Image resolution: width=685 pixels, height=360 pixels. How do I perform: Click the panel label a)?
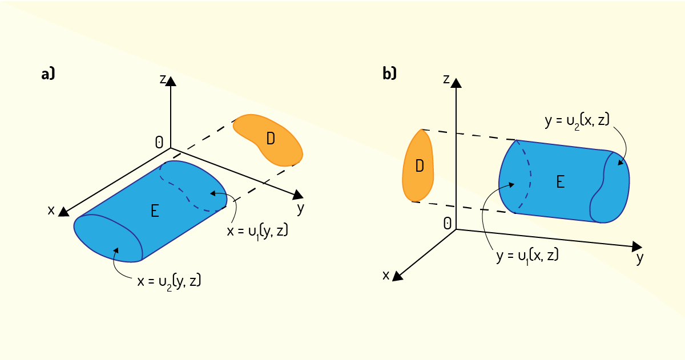(x=48, y=74)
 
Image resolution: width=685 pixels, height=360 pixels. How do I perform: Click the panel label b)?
(x=389, y=74)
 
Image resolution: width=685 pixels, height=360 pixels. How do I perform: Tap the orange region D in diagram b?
(x=418, y=165)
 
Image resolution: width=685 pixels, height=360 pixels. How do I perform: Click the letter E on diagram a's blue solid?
(x=155, y=211)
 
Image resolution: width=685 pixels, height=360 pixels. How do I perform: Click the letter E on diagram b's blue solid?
(x=560, y=182)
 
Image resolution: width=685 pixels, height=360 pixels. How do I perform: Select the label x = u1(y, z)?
(x=257, y=232)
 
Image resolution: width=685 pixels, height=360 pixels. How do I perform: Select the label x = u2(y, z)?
(x=169, y=281)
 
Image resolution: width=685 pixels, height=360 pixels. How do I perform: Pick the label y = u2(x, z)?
(x=577, y=120)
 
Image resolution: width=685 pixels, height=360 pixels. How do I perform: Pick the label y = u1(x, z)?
(x=527, y=256)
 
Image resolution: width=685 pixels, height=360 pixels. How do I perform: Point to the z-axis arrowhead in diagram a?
(x=171, y=81)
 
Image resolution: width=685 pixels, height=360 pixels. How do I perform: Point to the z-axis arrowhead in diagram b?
(x=456, y=83)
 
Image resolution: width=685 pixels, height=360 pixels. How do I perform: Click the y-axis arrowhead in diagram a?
(x=298, y=195)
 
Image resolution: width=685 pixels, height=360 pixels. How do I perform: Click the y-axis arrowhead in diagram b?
(x=636, y=246)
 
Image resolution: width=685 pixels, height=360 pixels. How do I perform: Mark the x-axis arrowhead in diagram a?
(x=63, y=212)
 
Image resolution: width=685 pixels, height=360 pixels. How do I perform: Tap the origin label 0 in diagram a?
(x=159, y=143)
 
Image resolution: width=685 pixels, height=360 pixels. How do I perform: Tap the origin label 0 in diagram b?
(x=447, y=224)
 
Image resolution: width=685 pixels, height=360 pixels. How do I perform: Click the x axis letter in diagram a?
(x=51, y=211)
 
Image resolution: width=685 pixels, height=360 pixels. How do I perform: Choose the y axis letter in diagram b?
(x=640, y=259)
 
